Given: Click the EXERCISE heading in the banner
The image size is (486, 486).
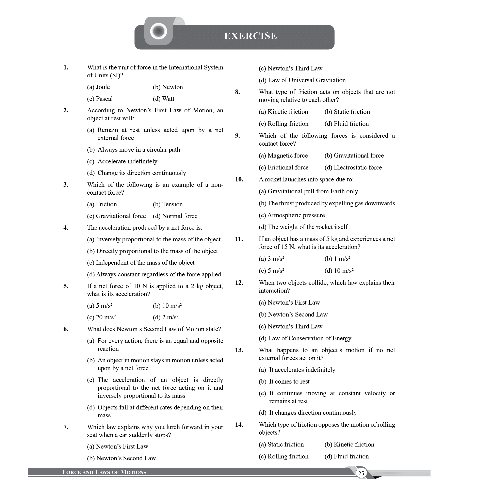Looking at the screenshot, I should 250,36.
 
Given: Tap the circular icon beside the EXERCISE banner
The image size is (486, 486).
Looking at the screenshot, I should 159,31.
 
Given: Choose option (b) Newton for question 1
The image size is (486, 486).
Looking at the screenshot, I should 168,87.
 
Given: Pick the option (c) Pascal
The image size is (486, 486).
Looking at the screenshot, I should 100,99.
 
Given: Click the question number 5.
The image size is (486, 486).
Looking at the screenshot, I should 66,286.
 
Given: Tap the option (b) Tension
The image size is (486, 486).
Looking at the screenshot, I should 168,204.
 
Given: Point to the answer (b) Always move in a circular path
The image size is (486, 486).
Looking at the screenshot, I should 134,150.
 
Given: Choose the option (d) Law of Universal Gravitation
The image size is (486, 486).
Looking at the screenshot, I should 302,80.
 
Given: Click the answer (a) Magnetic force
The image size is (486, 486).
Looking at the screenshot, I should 283,156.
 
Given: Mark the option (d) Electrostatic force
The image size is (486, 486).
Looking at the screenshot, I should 353,167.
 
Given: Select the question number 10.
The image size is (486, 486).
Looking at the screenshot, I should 239,179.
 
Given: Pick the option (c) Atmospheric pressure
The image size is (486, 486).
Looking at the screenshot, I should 292,215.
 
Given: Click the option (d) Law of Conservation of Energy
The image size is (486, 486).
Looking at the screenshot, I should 305,338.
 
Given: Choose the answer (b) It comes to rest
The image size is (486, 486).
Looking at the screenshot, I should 284,381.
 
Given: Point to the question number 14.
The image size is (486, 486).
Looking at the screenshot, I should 239,425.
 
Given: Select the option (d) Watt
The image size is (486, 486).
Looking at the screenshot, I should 163,99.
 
